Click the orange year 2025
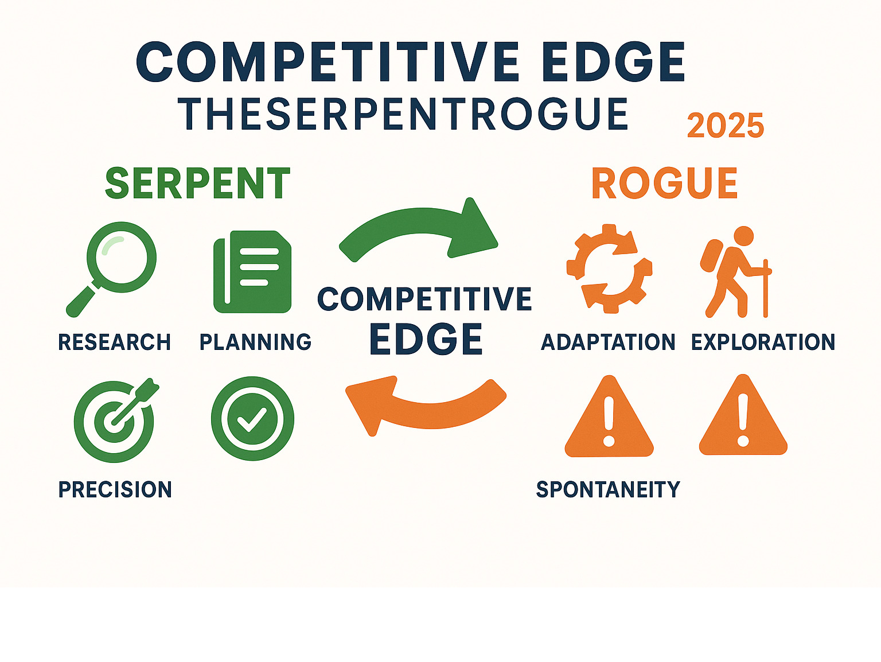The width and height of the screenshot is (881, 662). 725,125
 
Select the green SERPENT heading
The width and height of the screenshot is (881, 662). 197,183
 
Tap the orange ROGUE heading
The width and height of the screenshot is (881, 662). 665,183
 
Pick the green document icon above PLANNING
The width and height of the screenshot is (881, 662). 252,271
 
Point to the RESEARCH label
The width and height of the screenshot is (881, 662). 114,342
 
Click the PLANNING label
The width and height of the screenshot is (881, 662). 256,342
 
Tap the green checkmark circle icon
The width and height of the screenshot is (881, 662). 252,419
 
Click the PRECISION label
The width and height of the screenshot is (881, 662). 115,489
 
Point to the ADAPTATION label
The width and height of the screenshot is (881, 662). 608,342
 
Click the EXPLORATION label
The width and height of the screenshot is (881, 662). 763,342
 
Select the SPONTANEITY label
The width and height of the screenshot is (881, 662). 608,489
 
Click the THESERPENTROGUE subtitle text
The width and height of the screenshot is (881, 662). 403,114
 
